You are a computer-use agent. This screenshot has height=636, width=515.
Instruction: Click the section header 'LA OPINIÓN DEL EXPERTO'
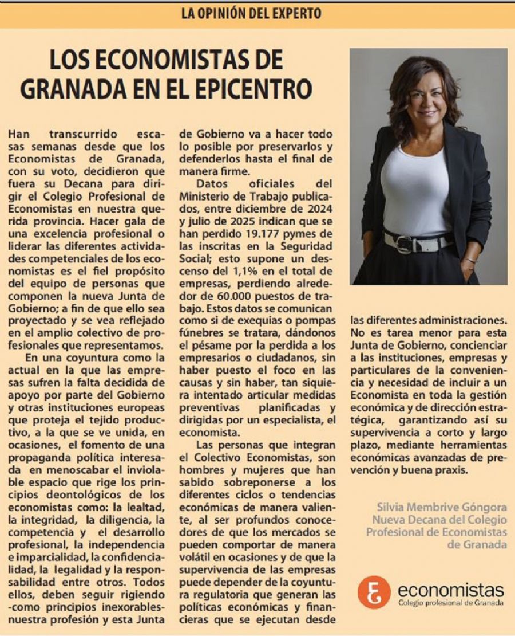251,13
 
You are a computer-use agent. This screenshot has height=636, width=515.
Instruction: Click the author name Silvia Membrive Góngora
441,508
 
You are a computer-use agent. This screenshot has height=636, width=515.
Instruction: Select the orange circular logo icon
374,592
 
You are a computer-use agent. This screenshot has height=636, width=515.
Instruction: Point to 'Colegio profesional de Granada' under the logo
451,603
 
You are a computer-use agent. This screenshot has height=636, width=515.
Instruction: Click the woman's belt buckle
404,244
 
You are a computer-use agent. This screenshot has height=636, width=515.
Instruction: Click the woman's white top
414,189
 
